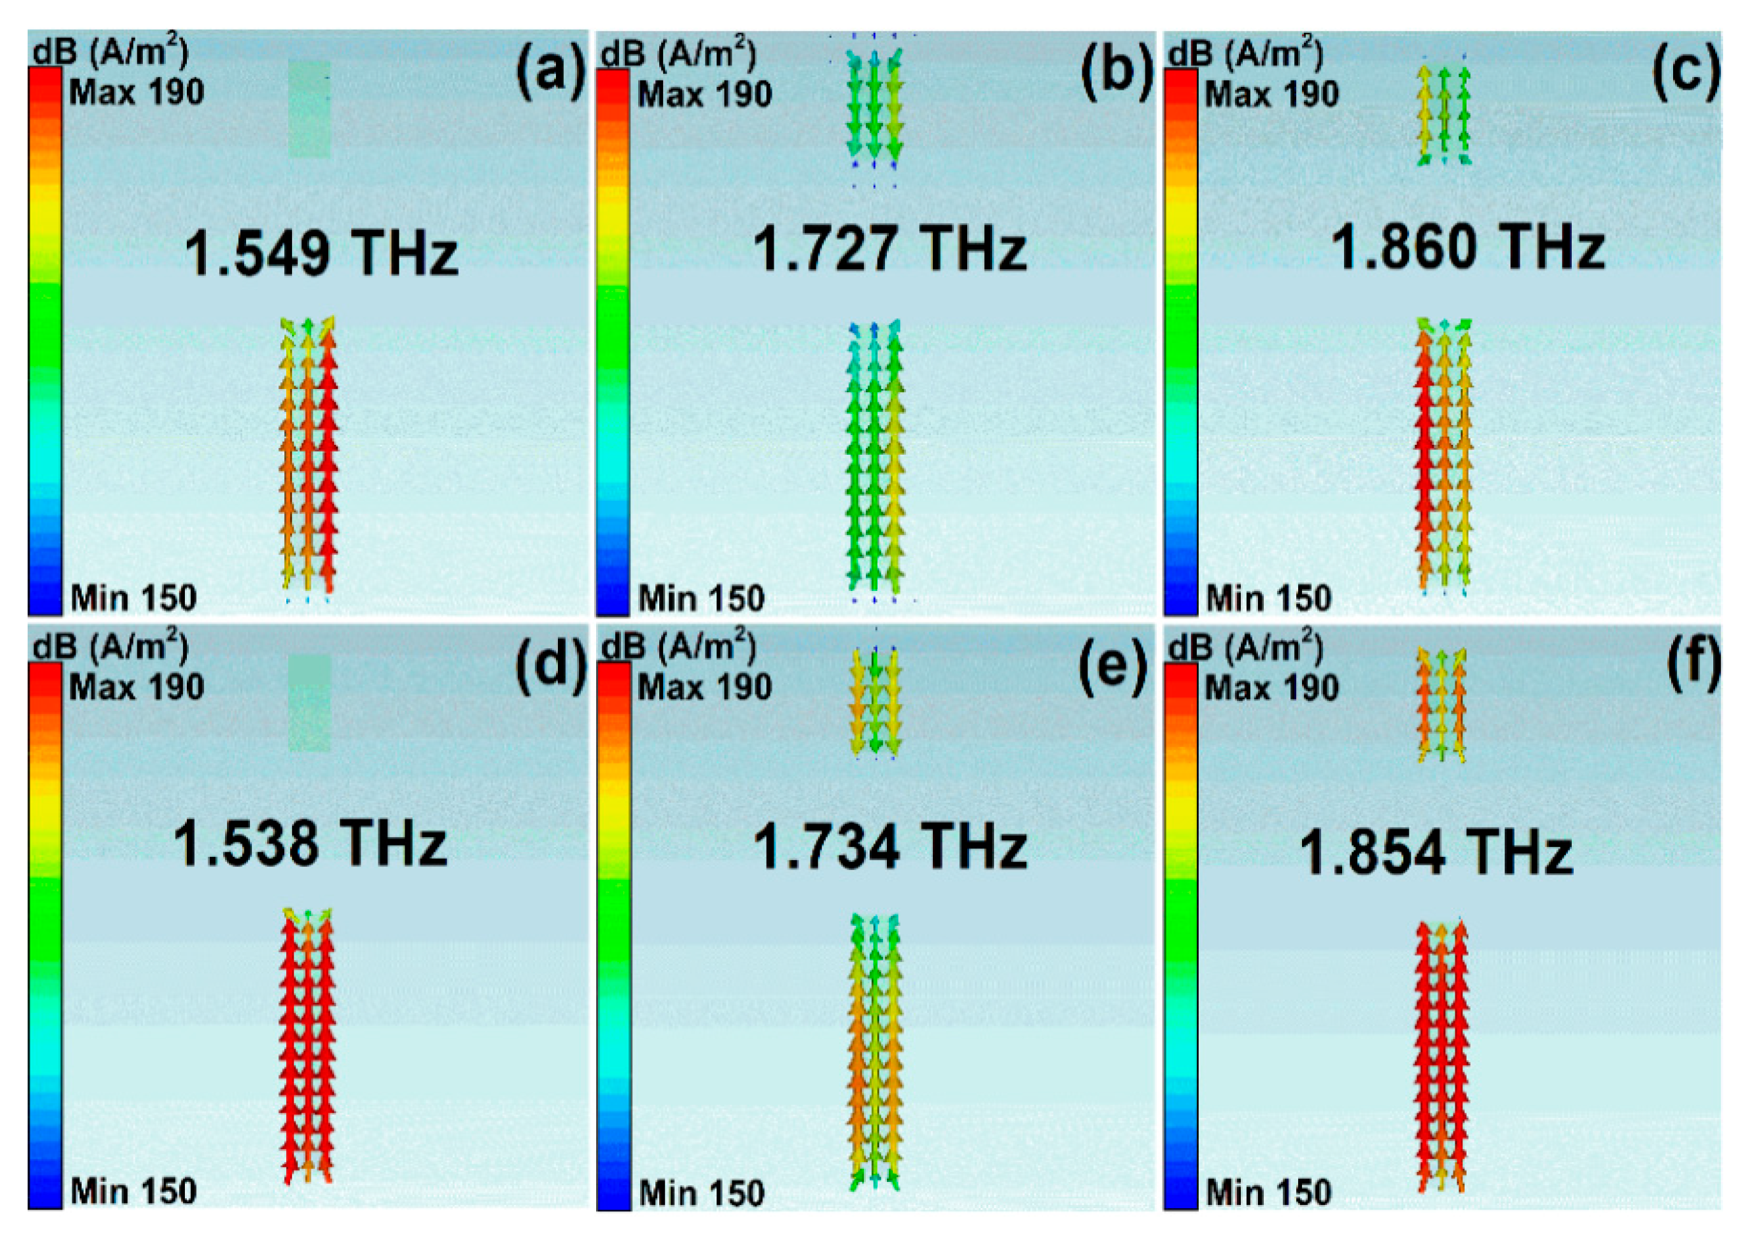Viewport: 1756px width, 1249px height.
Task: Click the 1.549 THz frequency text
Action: pyautogui.click(x=321, y=254)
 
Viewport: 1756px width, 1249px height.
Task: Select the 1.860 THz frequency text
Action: pyautogui.click(x=1468, y=247)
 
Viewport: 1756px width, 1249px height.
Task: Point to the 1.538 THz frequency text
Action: pyautogui.click(x=310, y=844)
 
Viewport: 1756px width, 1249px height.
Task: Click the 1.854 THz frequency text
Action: pyautogui.click(x=1436, y=853)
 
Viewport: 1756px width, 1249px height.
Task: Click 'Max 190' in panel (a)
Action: pyautogui.click(x=137, y=93)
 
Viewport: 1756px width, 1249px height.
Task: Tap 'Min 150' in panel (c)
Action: pyautogui.click(x=1268, y=598)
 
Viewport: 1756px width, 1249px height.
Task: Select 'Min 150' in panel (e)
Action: pyautogui.click(x=701, y=1193)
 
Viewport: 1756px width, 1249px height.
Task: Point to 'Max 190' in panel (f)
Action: pyautogui.click(x=1272, y=687)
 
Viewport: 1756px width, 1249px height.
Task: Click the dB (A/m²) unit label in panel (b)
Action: pyautogui.click(x=678, y=54)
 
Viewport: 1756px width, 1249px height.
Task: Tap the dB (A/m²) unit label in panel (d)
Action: pyautogui.click(x=111, y=648)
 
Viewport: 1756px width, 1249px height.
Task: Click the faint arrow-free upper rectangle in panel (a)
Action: pyautogui.click(x=310, y=109)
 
